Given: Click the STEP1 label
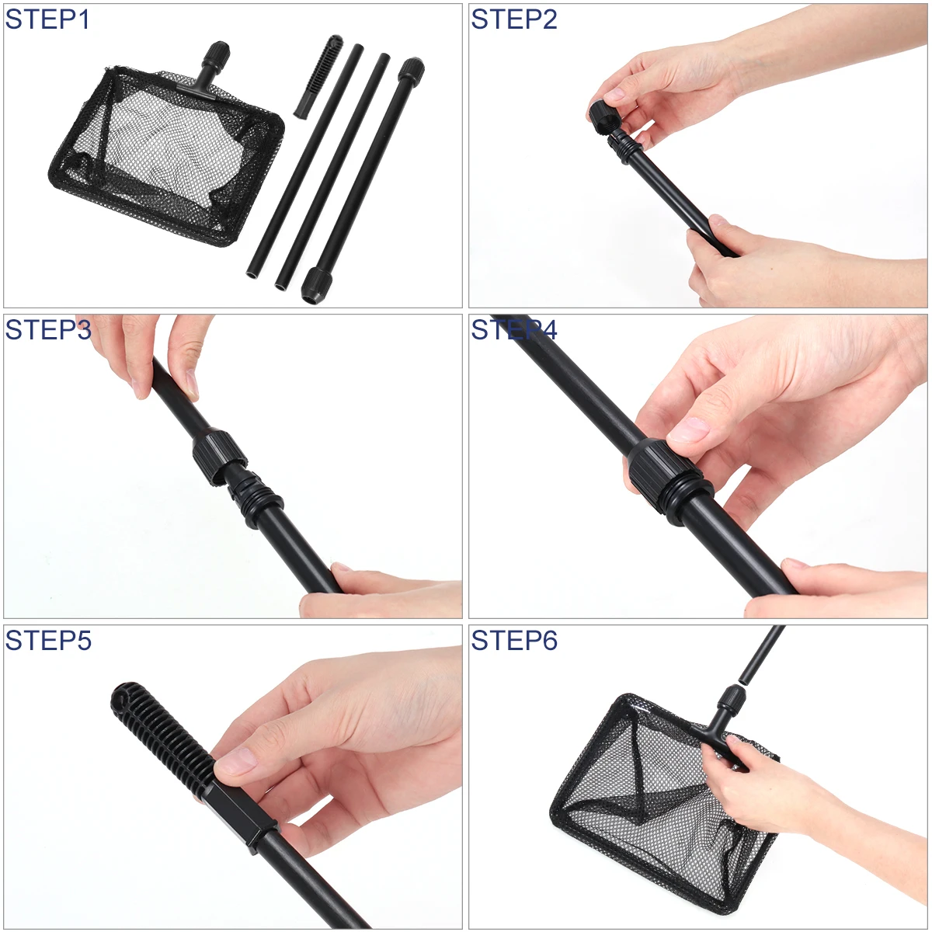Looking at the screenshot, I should click(47, 19).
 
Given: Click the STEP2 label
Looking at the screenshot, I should click(514, 19).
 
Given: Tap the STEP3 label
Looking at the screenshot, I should click(47, 330).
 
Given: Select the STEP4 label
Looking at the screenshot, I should click(514, 330).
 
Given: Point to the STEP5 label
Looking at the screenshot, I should click(47, 641).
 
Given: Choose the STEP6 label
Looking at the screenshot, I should click(514, 641).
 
